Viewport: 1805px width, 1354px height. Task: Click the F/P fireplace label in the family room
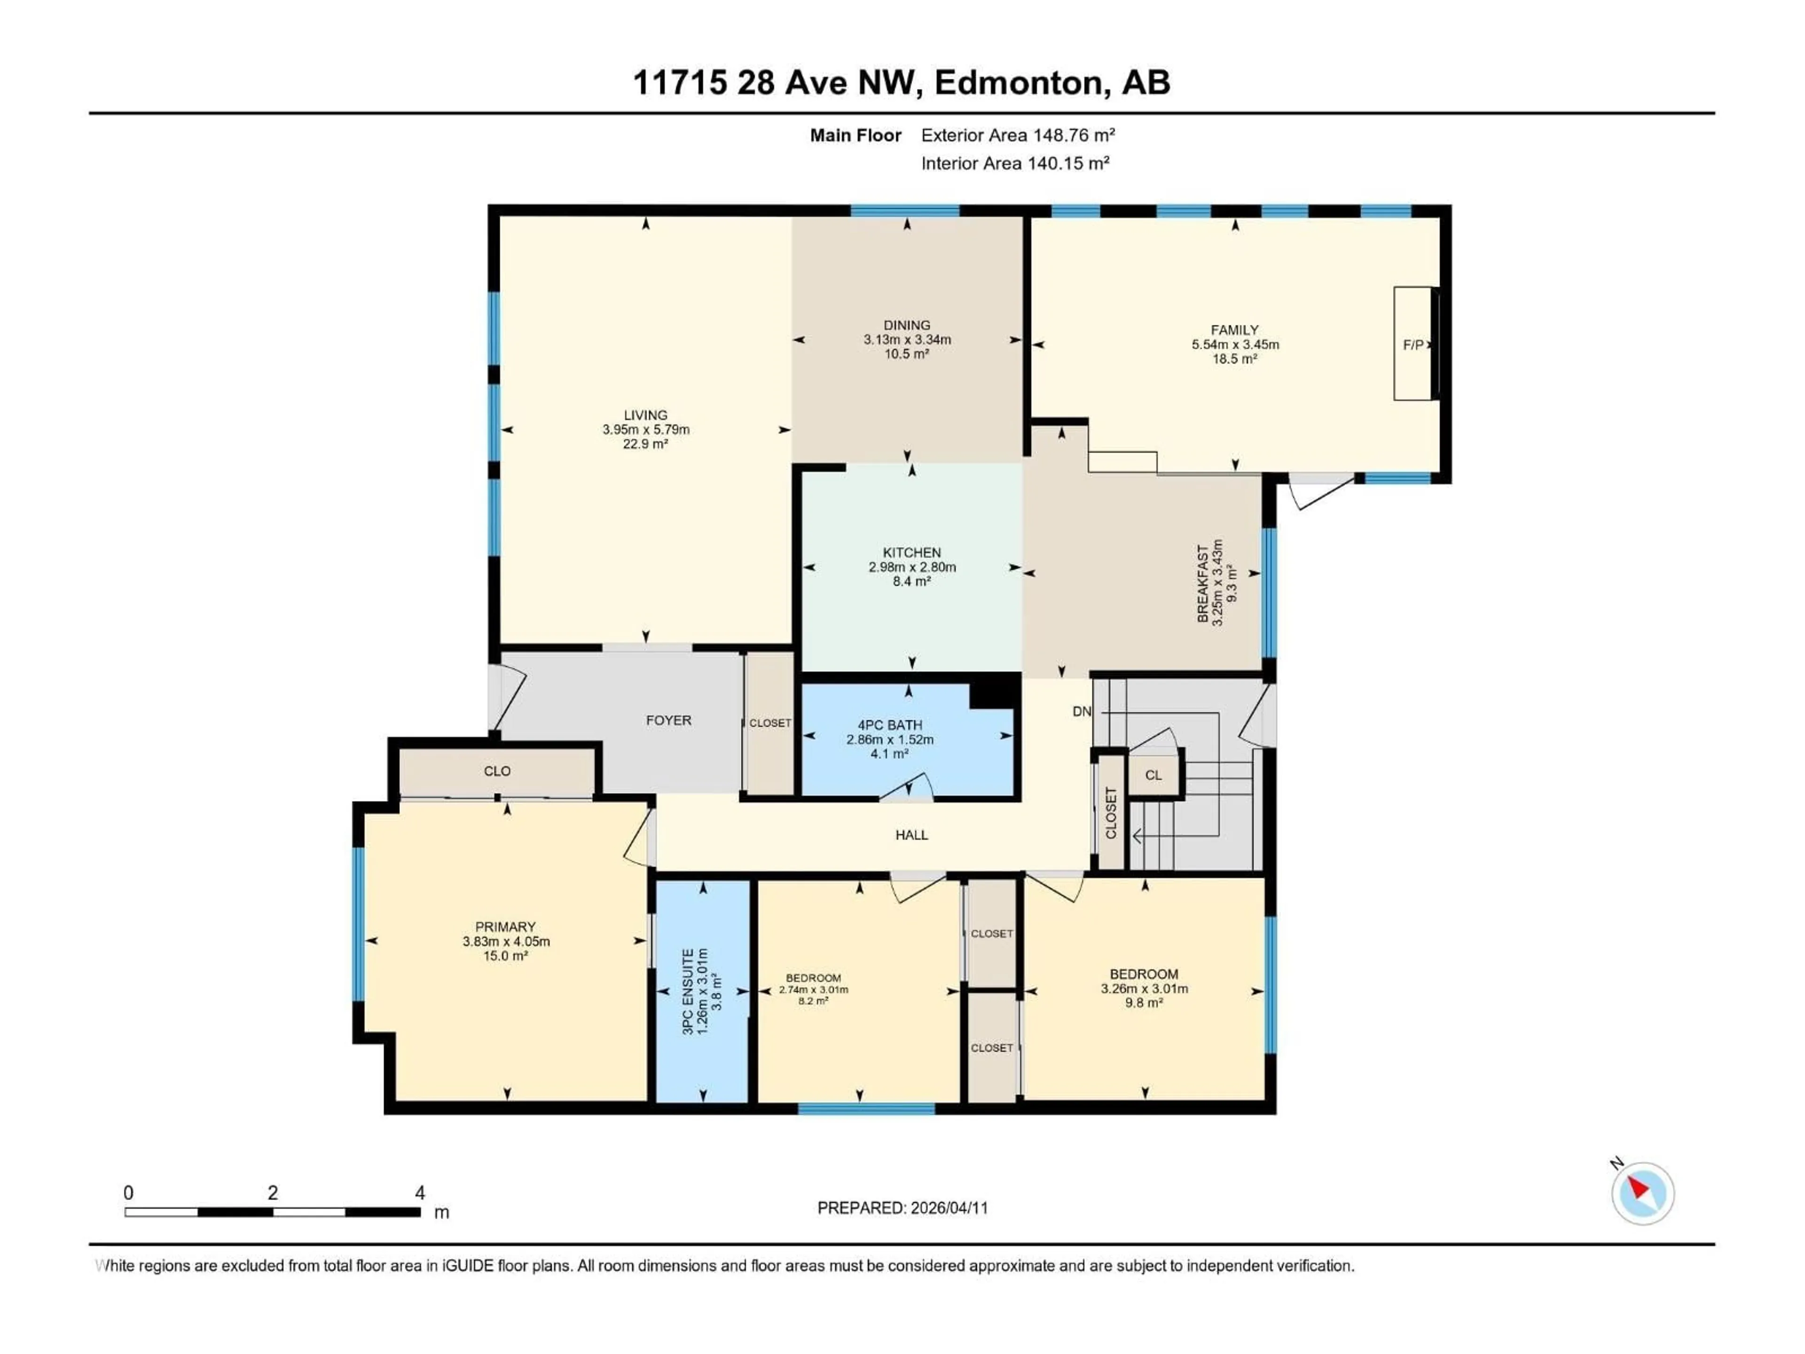point(1413,345)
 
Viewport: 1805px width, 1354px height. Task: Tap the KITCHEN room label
point(911,552)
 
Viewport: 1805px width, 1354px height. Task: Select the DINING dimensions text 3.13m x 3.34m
point(907,339)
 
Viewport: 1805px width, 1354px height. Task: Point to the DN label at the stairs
point(1081,712)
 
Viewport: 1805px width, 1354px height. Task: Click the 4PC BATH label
point(889,725)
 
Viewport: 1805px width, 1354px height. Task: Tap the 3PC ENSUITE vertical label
point(688,992)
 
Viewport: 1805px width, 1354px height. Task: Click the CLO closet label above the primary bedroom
point(497,771)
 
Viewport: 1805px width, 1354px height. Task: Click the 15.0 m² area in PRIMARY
point(505,956)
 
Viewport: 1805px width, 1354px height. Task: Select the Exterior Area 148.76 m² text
point(1018,135)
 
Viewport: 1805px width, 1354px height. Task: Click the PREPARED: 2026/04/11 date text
point(902,1208)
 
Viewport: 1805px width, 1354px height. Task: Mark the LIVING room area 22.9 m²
point(645,444)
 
